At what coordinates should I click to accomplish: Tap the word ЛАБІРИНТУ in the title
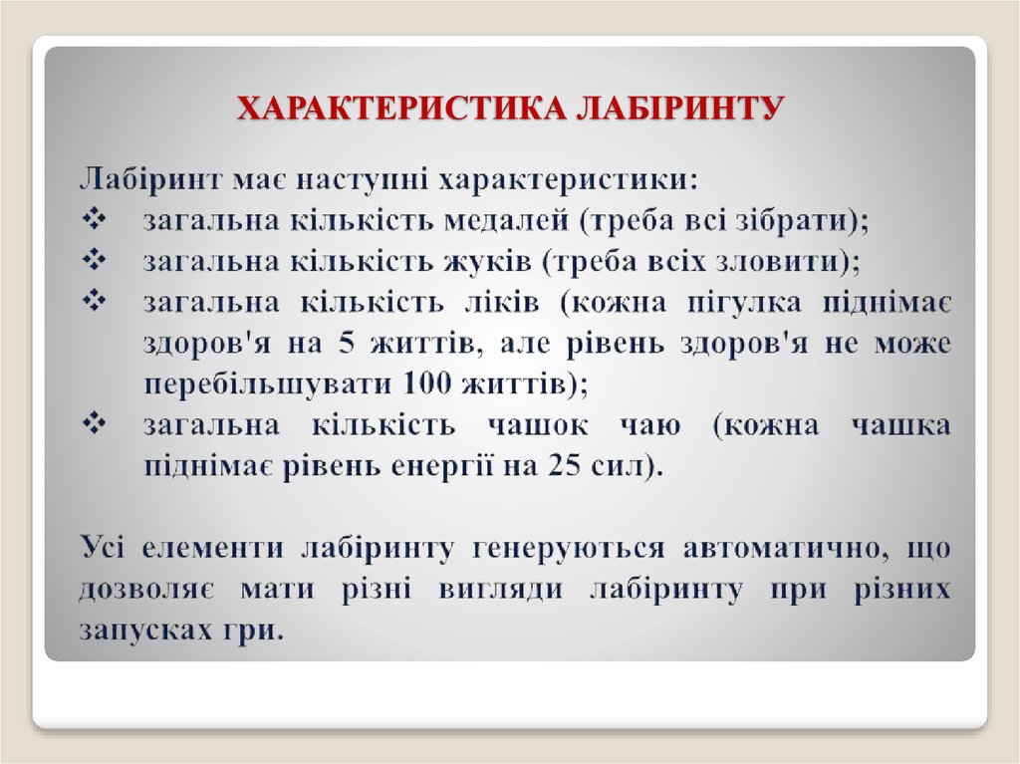[680, 109]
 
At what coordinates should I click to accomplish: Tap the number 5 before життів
[347, 344]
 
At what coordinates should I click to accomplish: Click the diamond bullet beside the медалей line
[96, 218]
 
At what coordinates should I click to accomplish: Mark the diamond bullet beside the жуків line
[96, 260]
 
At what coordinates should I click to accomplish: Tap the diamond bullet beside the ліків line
[96, 301]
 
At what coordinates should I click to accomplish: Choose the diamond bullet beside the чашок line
[96, 424]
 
